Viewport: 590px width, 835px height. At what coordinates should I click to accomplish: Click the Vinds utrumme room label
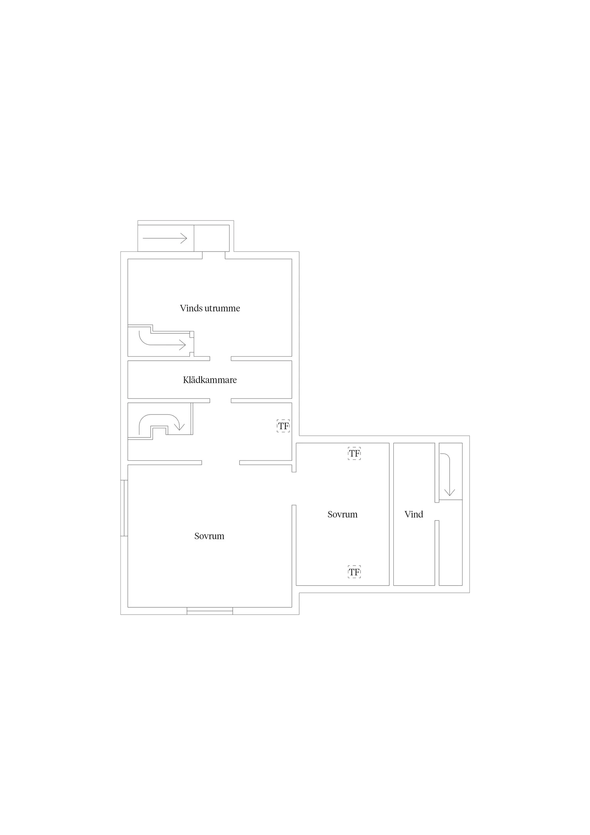(x=210, y=308)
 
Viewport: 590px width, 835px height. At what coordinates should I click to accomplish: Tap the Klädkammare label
(x=210, y=380)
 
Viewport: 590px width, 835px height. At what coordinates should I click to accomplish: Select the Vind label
(x=414, y=514)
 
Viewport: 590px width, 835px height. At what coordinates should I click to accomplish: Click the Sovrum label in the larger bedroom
(x=209, y=536)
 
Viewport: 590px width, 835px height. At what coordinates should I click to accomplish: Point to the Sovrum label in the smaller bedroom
(x=343, y=514)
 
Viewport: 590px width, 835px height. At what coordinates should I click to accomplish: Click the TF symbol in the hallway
(x=283, y=426)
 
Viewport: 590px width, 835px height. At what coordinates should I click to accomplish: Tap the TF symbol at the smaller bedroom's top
(x=354, y=454)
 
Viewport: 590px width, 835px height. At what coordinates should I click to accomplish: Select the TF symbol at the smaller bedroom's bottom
(x=354, y=572)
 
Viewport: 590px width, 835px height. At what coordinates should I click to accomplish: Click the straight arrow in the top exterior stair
(x=165, y=239)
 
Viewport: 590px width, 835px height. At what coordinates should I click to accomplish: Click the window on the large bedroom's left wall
(x=124, y=508)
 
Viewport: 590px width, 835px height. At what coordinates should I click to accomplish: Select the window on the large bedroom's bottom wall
(x=210, y=612)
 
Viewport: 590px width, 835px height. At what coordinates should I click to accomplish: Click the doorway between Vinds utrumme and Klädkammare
(x=220, y=358)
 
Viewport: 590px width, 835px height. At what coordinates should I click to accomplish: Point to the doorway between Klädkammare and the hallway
(x=220, y=401)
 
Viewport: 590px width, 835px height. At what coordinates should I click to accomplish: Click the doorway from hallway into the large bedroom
(x=220, y=463)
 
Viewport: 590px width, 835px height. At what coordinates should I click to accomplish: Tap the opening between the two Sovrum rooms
(x=294, y=488)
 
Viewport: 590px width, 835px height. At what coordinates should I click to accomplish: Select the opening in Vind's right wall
(x=437, y=511)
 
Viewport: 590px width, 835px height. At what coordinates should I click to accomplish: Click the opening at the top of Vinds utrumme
(x=214, y=255)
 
